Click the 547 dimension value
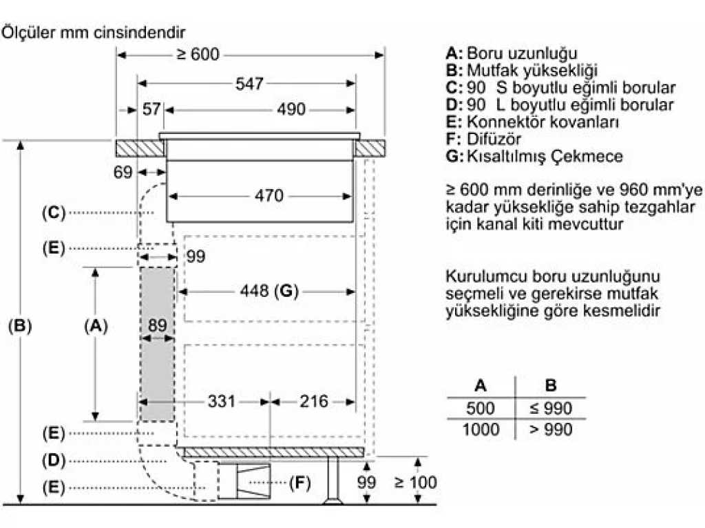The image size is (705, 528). pos(249,83)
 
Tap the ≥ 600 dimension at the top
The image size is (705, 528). pos(198,54)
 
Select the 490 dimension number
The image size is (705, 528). pos(291,109)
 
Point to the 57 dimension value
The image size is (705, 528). pos(151,109)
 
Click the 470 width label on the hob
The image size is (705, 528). pos(269,196)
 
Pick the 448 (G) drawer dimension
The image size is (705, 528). pos(269,291)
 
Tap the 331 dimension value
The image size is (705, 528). pos(221,401)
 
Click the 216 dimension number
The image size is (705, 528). pos(313,401)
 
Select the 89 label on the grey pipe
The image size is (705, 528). pos(158,325)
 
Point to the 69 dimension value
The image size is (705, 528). pos(123,172)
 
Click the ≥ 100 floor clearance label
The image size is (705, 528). pos(415,482)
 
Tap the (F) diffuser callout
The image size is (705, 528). pos(300,483)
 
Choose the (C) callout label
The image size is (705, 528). pos(54,212)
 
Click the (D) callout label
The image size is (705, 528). pos(54,461)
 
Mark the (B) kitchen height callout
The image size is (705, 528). pos(20,325)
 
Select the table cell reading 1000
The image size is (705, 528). pos(481,429)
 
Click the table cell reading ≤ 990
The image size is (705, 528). pos(551,408)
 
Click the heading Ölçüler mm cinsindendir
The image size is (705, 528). pos(93,32)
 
